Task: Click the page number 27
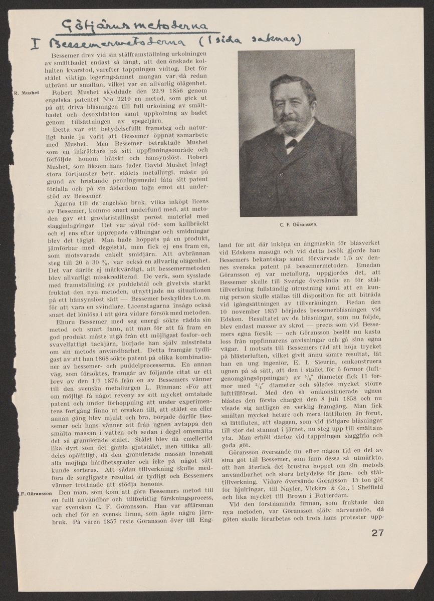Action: pos(377,532)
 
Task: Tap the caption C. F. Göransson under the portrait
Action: pos(298,224)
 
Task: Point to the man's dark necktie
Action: pos(291,144)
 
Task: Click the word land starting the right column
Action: pos(227,246)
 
